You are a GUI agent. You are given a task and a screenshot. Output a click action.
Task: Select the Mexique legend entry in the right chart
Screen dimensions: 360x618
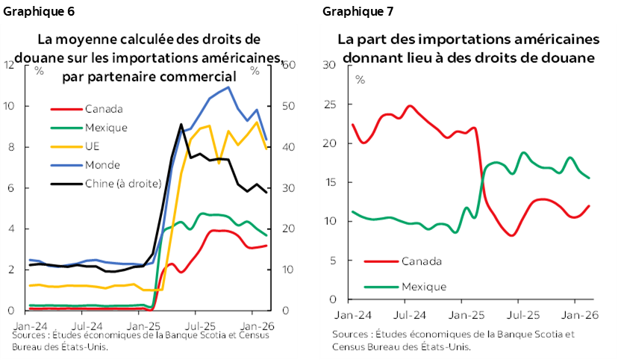click(424, 286)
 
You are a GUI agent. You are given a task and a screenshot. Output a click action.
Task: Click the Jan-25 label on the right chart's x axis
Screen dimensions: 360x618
click(468, 315)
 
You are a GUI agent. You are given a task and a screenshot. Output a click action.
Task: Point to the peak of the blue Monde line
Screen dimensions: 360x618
click(228, 87)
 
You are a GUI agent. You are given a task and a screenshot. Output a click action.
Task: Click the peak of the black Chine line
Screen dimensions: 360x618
click(181, 125)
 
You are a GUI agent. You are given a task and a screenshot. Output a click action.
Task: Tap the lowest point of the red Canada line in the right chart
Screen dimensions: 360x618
click(511, 235)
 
